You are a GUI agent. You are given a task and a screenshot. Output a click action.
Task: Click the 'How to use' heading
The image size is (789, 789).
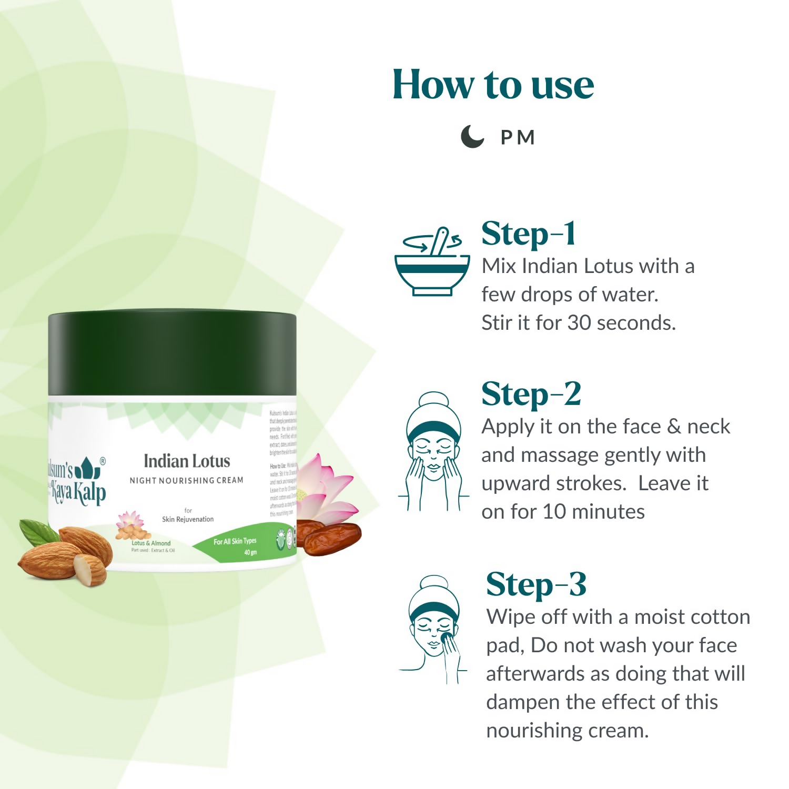click(x=493, y=85)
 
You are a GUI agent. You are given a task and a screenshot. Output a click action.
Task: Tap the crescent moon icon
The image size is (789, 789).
click(x=472, y=137)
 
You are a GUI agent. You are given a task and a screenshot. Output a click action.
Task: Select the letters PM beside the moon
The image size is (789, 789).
click(x=518, y=138)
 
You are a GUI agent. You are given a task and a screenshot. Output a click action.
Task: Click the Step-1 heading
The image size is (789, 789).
click(x=528, y=234)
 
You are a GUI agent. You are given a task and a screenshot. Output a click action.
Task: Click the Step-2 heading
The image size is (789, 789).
click(x=531, y=394)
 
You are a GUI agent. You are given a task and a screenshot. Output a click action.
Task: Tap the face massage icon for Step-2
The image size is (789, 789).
click(x=433, y=452)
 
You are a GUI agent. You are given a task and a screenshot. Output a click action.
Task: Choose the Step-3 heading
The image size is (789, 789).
click(x=535, y=585)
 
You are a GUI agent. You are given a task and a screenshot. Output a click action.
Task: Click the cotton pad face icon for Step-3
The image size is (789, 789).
click(x=433, y=629)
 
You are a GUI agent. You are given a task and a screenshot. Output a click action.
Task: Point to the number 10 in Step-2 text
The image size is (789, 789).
click(x=554, y=512)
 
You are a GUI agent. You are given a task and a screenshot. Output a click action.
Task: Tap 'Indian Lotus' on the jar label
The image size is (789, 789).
click(x=187, y=461)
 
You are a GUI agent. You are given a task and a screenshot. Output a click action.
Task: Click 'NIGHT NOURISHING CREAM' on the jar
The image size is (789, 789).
click(x=186, y=480)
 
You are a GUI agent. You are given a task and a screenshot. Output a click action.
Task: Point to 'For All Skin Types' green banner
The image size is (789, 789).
click(x=235, y=541)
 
